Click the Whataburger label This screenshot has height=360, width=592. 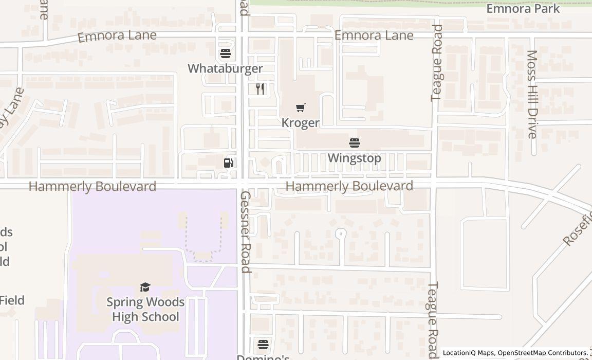[225, 68]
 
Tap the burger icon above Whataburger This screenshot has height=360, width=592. [225, 53]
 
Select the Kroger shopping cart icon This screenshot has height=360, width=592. [301, 107]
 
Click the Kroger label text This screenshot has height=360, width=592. [301, 123]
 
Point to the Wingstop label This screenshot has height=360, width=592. [355, 158]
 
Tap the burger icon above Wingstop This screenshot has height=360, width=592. [355, 142]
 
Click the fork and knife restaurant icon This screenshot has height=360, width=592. [261, 89]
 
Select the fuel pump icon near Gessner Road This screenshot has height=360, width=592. [229, 163]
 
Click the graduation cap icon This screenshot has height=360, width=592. [145, 287]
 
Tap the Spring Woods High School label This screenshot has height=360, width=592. [145, 309]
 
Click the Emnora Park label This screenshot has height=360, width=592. [523, 9]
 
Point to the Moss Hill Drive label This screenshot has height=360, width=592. [532, 94]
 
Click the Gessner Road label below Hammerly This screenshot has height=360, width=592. [246, 231]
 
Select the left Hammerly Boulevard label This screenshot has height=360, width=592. [92, 186]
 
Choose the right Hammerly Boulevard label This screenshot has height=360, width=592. [349, 186]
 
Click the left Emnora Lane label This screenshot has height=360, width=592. [117, 36]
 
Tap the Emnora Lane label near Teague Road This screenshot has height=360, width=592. [374, 35]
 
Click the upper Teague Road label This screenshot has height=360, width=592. [437, 63]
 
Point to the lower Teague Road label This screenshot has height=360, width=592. [433, 319]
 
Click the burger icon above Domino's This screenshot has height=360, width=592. [263, 344]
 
